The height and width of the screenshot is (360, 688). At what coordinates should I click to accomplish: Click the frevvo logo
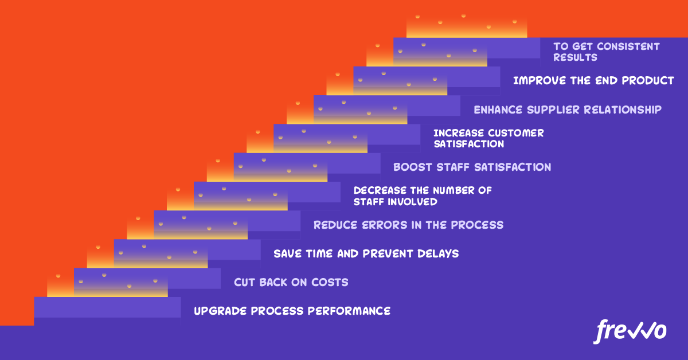630,332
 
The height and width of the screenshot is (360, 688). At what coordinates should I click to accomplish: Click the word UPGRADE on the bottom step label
220,311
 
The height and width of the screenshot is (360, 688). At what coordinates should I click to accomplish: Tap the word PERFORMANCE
349,311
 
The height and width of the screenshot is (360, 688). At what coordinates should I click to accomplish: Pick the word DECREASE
380,190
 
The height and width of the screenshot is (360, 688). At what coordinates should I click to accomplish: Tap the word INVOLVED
412,202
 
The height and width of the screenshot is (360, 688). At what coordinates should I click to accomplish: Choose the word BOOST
412,167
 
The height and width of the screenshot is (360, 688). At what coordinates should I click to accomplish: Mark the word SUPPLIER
553,109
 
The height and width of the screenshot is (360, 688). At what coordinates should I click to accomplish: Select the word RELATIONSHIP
623,109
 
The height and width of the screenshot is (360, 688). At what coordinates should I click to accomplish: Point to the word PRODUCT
648,80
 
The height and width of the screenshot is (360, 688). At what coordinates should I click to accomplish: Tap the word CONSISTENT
628,46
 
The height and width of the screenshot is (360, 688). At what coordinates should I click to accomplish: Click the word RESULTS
575,57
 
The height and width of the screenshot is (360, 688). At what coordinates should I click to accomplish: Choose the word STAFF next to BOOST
453,167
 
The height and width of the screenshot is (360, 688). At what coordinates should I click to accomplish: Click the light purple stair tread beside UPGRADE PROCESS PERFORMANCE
107,307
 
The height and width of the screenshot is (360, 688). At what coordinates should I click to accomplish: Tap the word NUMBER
454,190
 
